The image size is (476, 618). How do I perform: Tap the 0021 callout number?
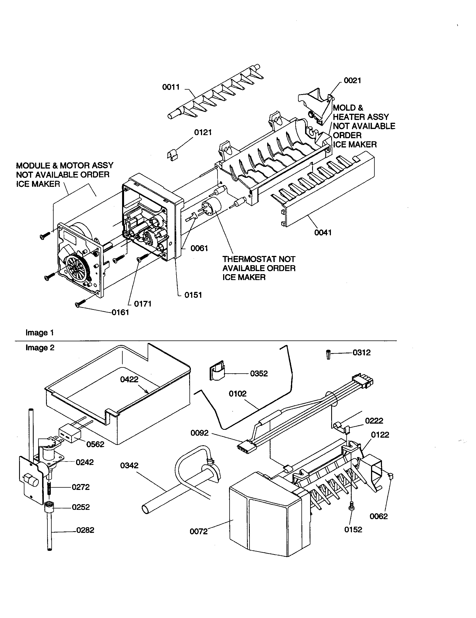352,81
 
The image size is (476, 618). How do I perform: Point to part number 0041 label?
323,233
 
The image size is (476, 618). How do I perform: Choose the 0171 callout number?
143,304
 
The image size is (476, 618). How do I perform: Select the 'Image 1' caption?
40,333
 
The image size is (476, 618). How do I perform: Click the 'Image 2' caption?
40,347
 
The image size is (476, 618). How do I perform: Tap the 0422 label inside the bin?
129,380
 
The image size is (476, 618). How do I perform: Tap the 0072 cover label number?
198,531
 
